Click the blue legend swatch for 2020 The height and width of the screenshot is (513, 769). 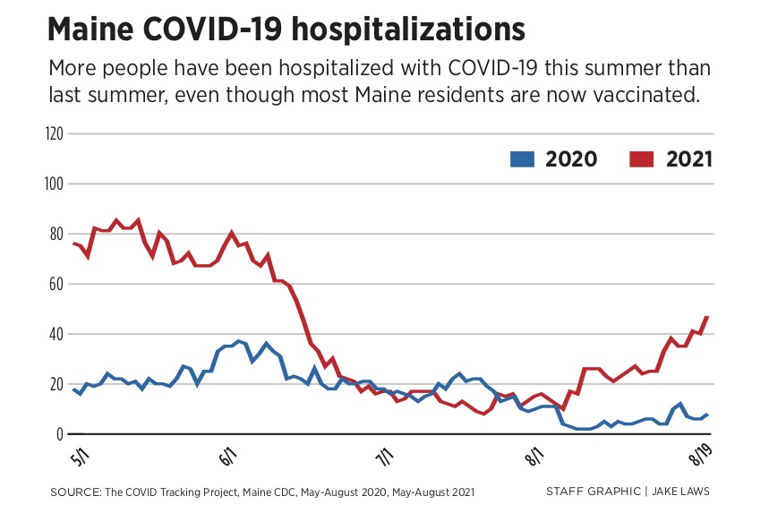[x=522, y=159]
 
